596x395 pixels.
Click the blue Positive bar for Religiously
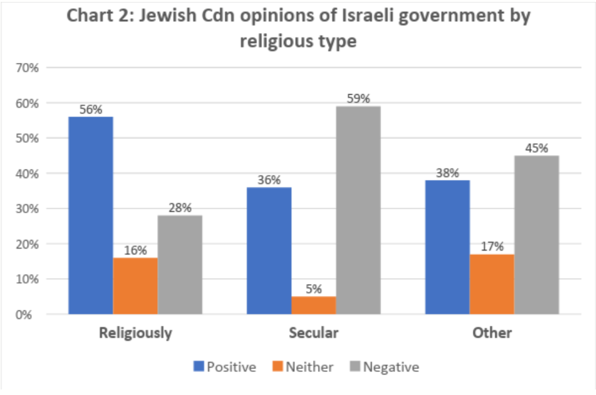[x=91, y=215]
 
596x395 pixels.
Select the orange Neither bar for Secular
[x=314, y=305]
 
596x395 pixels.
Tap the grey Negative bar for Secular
[x=358, y=210]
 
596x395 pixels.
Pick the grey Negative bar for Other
[x=536, y=234]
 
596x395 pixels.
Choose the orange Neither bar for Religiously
[x=135, y=286]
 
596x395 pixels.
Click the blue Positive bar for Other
[x=447, y=247]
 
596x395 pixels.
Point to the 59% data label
[x=358, y=98]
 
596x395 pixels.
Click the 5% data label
[x=314, y=289]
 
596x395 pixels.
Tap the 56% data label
[x=91, y=109]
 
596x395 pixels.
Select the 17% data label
[x=492, y=247]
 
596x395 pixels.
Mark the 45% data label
[x=536, y=148]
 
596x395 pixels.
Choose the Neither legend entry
[x=304, y=367]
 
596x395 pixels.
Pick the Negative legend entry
[x=384, y=367]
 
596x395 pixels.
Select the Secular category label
[x=314, y=333]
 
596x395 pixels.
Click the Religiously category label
[x=135, y=333]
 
